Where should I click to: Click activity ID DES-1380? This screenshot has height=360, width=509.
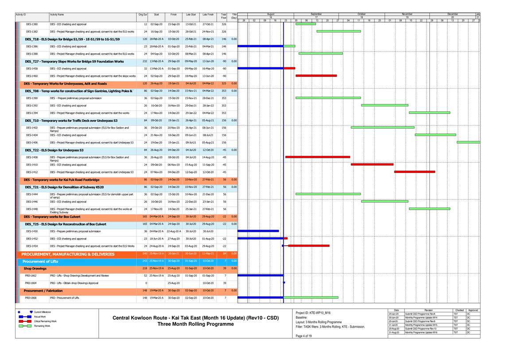[32, 24]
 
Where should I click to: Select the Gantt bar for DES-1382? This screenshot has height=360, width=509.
[338, 31]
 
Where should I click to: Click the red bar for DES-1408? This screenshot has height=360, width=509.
[318, 157]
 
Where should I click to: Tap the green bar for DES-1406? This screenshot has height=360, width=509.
[468, 142]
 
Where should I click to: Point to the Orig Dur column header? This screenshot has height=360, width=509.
[143, 15]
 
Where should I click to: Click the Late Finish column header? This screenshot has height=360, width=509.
[208, 15]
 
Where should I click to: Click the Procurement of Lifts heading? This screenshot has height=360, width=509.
[40, 262]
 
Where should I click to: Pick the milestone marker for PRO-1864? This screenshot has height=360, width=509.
[284, 282]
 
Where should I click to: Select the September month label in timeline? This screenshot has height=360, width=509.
[316, 14]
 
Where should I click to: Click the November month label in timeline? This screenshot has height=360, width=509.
[407, 14]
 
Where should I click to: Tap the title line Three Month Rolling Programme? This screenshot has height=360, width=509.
[195, 324]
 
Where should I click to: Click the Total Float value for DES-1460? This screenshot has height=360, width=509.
[224, 76]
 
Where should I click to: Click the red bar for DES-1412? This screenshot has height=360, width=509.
[415, 172]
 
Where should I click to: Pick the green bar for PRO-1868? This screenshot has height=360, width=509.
[311, 297]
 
